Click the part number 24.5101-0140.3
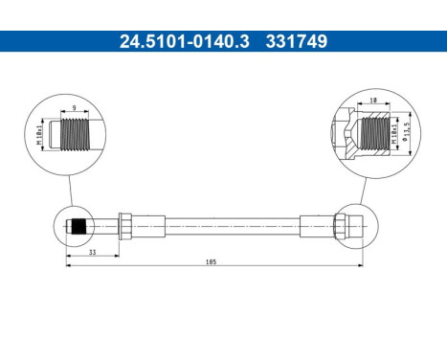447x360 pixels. click(x=170, y=41)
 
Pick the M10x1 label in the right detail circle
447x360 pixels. click(x=394, y=130)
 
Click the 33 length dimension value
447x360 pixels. click(x=92, y=253)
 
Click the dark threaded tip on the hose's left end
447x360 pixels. click(x=80, y=228)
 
